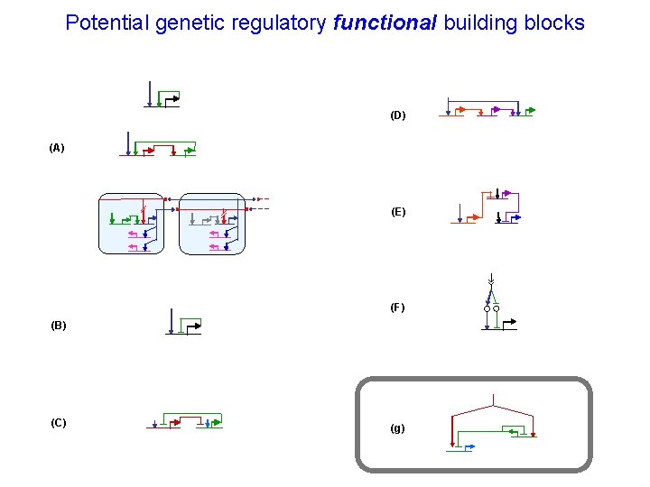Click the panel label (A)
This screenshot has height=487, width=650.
click(x=57, y=148)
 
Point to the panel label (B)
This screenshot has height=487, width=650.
click(x=59, y=325)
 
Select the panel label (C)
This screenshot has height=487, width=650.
click(x=59, y=423)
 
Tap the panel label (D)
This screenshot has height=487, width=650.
click(x=398, y=115)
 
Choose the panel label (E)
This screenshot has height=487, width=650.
click(x=398, y=212)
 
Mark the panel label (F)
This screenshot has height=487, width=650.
click(x=398, y=308)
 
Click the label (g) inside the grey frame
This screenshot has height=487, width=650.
click(x=397, y=428)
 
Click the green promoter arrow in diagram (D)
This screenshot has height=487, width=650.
click(x=530, y=111)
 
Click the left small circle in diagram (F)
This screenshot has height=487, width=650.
click(x=487, y=308)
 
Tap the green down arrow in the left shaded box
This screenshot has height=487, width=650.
click(x=111, y=217)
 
